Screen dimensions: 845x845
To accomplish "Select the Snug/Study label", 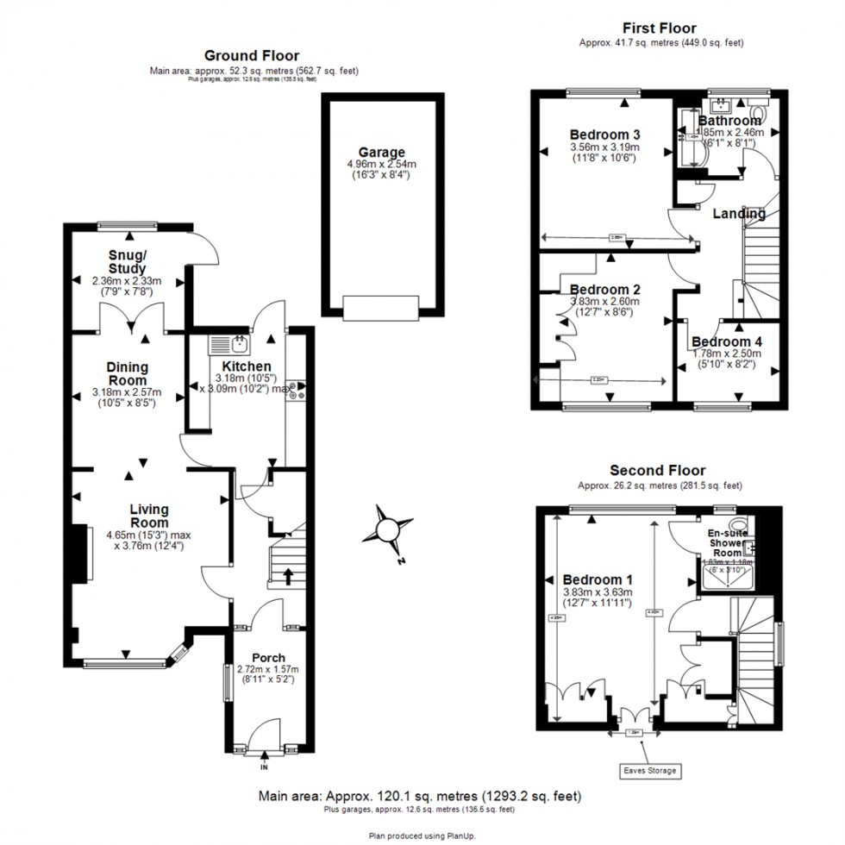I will point(127,261).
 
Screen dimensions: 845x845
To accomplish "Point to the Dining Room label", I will point(127,373).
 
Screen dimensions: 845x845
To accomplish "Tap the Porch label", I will point(268,658).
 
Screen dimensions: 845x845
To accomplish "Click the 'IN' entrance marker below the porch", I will point(264,766).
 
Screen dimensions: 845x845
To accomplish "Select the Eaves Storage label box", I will point(650,770).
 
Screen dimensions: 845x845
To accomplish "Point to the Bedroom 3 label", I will point(604,135).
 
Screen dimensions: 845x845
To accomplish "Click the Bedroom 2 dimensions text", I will point(605,307).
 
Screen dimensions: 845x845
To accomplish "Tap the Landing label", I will point(739,214).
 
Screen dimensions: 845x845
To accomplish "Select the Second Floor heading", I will point(657,470).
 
